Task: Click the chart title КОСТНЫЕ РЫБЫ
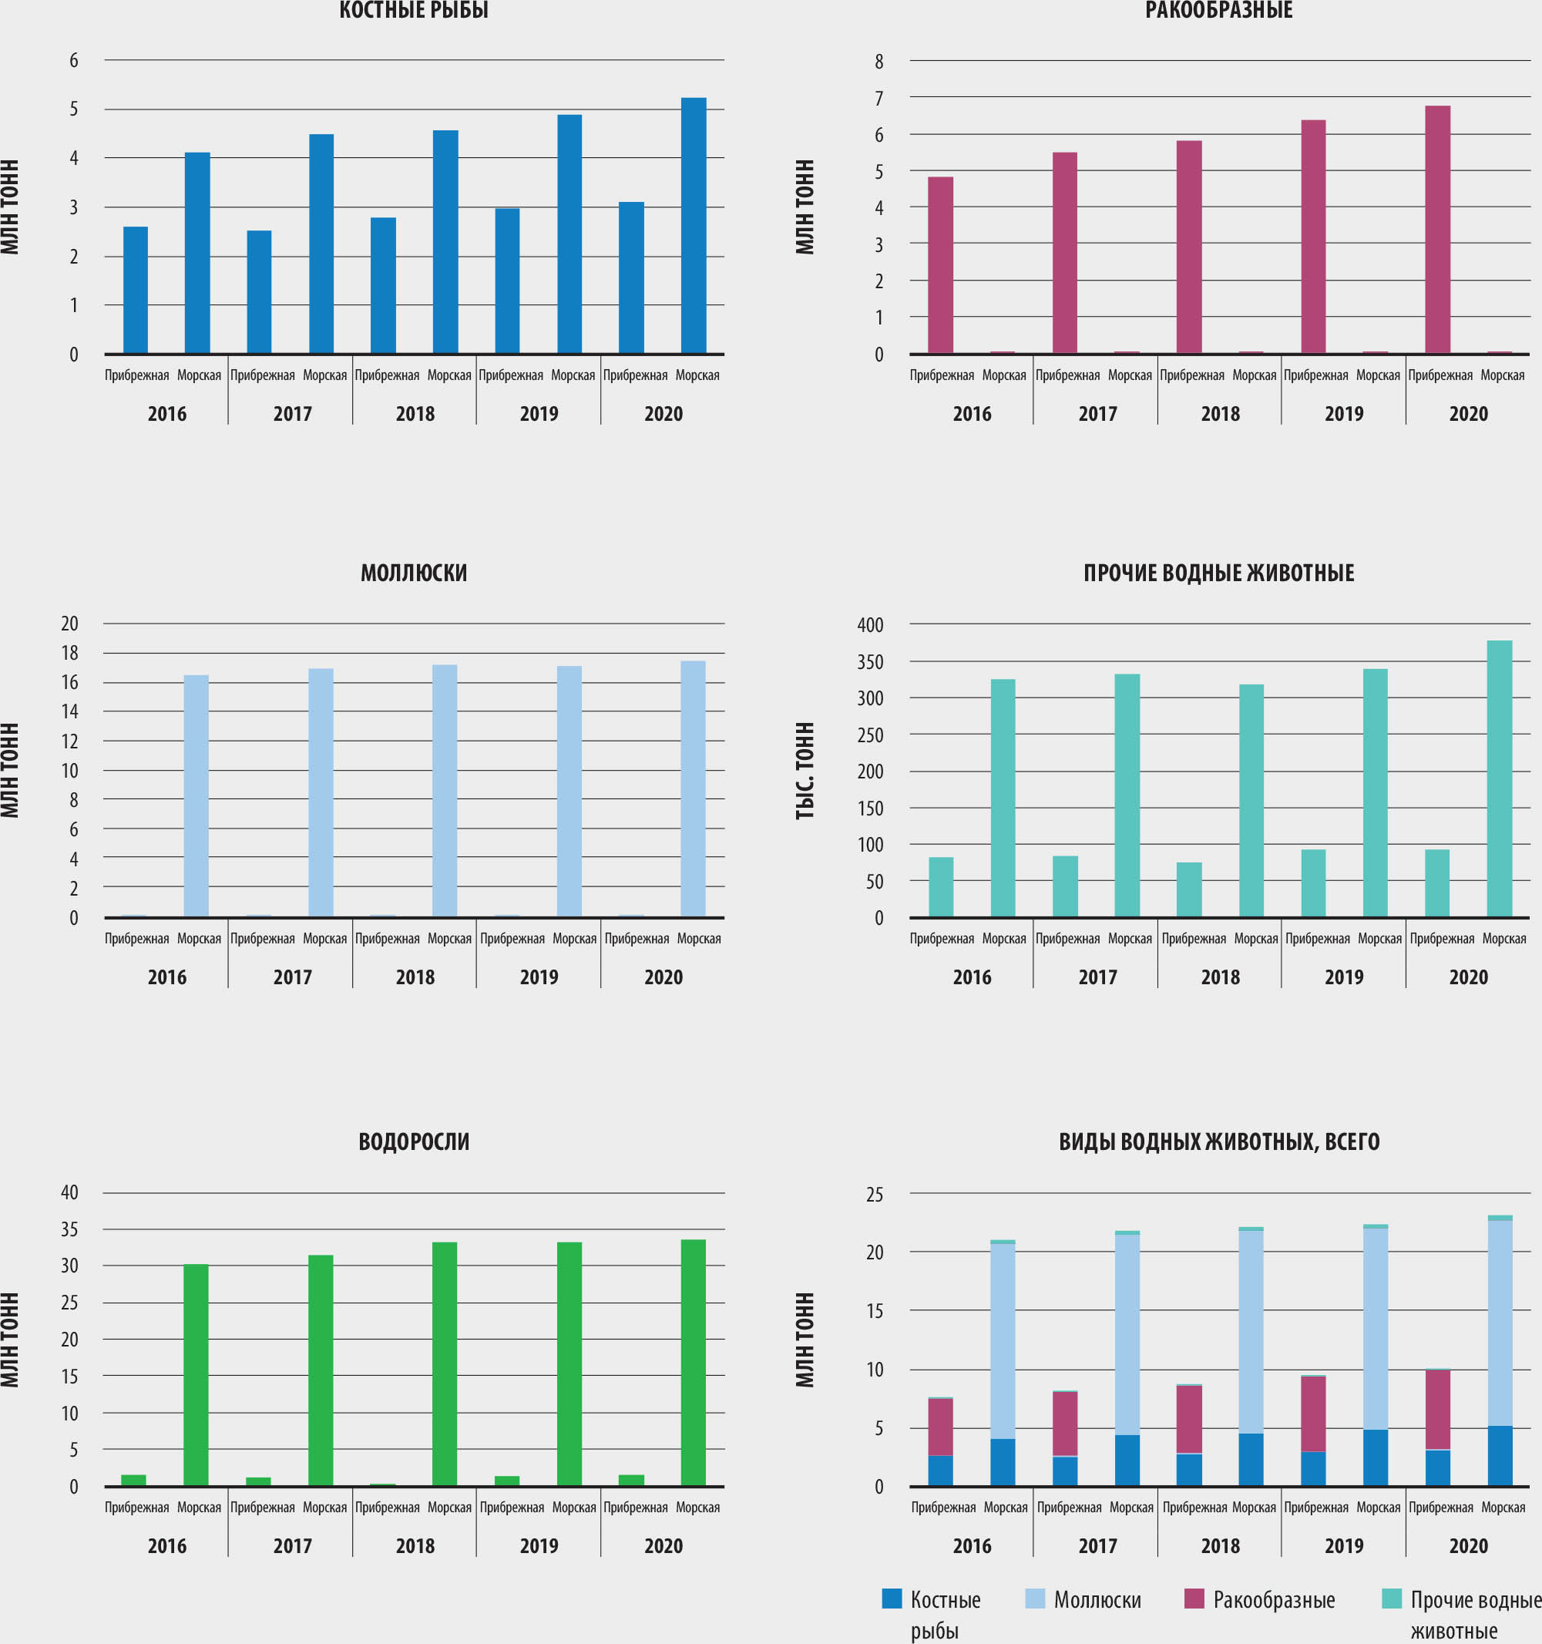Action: coord(413,10)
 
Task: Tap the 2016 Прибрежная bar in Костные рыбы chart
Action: coord(136,290)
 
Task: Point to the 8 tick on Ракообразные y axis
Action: coord(879,61)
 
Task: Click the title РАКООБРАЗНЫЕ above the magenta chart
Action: coord(1218,10)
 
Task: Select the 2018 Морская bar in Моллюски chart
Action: coord(445,790)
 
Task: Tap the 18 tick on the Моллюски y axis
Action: coord(70,653)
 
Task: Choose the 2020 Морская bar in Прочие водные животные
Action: coord(1499,778)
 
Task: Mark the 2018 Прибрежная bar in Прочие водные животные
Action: coord(1189,889)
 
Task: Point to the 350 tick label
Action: coord(871,661)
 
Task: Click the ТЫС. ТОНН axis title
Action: coord(805,770)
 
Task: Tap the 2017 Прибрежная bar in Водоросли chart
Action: coord(258,1481)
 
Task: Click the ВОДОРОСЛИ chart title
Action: coord(413,1141)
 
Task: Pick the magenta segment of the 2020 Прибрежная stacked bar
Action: coord(1437,1410)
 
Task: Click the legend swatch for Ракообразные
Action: coord(1194,1599)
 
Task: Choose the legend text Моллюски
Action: coord(1097,1600)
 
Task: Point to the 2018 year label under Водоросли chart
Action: coord(415,1545)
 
